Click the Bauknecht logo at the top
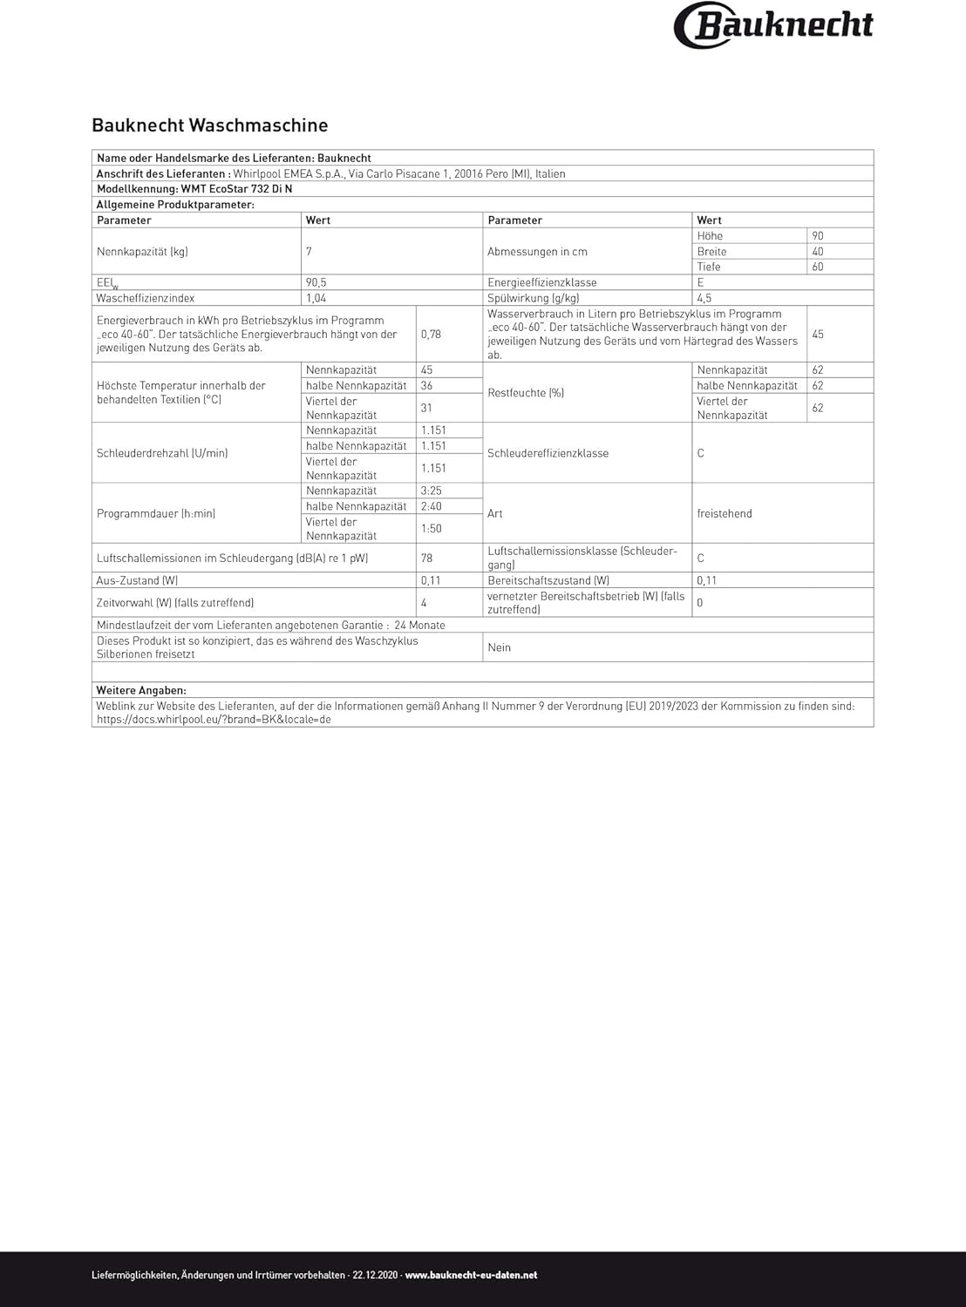click(773, 25)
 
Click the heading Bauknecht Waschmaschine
click(210, 125)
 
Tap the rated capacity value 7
click(309, 252)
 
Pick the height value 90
click(817, 236)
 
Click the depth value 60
click(817, 267)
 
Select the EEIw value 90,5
click(316, 283)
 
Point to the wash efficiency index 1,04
click(316, 299)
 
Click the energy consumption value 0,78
click(431, 335)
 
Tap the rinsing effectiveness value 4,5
click(704, 299)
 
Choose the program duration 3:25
click(431, 491)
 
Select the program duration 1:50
click(431, 529)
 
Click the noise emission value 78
click(426, 559)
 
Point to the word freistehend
click(724, 514)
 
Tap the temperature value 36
click(426, 386)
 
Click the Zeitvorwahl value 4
click(424, 603)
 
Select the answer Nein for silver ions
click(500, 648)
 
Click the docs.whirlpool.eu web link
click(214, 721)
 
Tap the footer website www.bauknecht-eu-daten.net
click(471, 1276)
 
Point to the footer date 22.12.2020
click(376, 1276)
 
